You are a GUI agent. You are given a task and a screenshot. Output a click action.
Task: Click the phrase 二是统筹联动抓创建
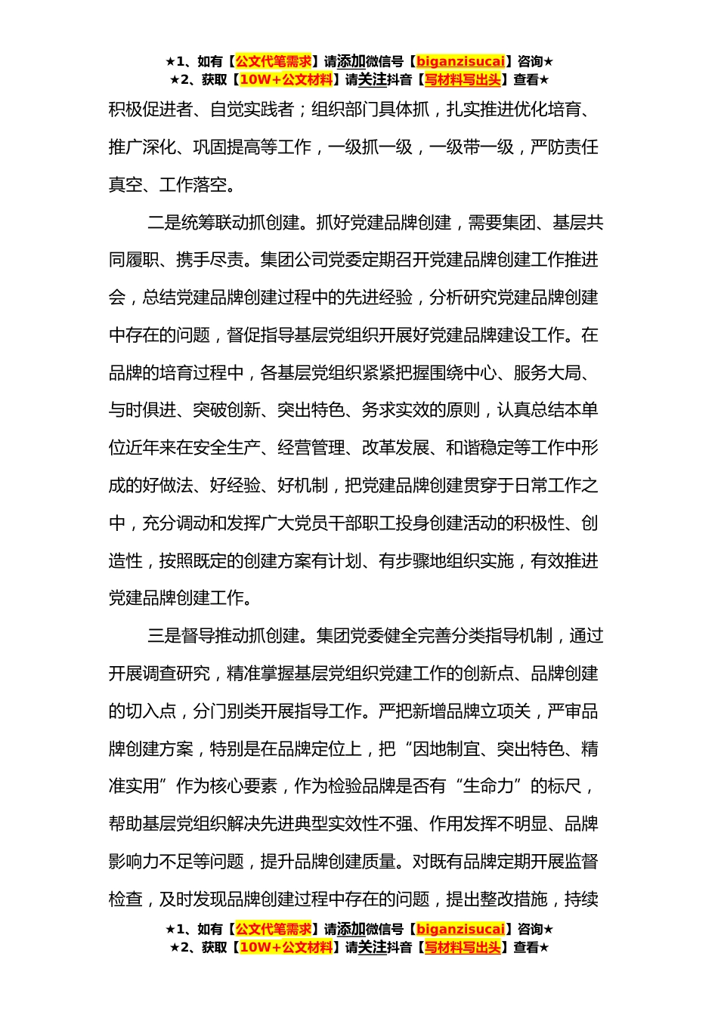(224, 223)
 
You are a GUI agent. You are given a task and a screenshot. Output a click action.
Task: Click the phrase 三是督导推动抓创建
(224, 636)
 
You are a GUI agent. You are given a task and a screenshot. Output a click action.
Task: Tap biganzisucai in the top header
(460, 62)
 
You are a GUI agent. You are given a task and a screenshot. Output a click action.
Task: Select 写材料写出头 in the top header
(463, 80)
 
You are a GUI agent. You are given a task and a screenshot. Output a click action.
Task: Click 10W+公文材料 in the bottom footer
(286, 948)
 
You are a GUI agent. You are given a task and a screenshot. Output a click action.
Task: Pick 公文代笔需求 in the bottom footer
(274, 930)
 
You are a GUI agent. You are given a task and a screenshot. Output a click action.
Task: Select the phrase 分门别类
(227, 711)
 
